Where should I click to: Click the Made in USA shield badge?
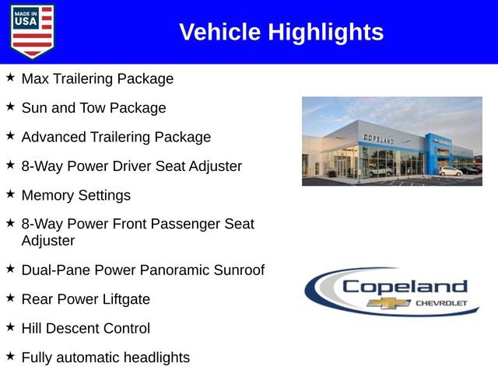pyautogui.click(x=33, y=31)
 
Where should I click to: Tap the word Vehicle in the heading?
pyautogui.click(x=220, y=32)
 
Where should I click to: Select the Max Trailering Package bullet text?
pyautogui.click(x=97, y=78)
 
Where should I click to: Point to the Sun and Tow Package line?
pyautogui.click(x=93, y=108)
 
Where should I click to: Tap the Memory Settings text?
pyautogui.click(x=75, y=195)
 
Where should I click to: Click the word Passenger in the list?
pyautogui.click(x=181, y=224)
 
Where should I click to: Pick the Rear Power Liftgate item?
pyautogui.click(x=86, y=299)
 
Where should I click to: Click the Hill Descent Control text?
pyautogui.click(x=86, y=328)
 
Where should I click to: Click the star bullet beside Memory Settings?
pyautogui.click(x=10, y=193)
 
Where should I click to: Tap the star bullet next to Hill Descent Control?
pyautogui.click(x=10, y=326)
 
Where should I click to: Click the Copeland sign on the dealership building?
pyautogui.click(x=378, y=138)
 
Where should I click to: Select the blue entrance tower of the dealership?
pyautogui.click(x=433, y=152)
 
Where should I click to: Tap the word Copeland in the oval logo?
pyautogui.click(x=405, y=286)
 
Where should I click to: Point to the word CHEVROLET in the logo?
pyautogui.click(x=441, y=303)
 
